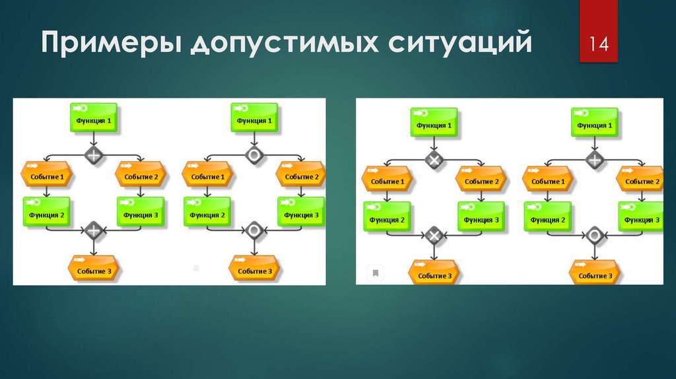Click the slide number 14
(x=599, y=45)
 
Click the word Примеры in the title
(x=112, y=44)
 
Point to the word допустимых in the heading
(x=287, y=44)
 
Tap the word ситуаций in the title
(x=462, y=44)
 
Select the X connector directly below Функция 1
(x=433, y=160)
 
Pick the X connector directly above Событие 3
(x=433, y=235)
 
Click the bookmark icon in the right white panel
(x=375, y=272)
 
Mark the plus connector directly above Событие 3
(x=94, y=230)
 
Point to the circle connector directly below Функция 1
(x=254, y=156)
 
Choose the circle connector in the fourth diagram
(x=595, y=235)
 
